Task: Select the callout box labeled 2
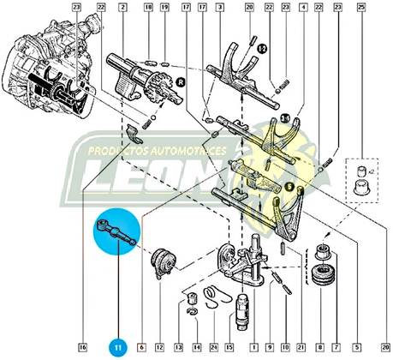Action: pyautogui.click(x=122, y=8)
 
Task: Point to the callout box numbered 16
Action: pyautogui.click(x=83, y=347)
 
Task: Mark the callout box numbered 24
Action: pyautogui.click(x=213, y=347)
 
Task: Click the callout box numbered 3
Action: pyautogui.click(x=219, y=8)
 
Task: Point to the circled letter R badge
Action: pyautogui.click(x=181, y=83)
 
